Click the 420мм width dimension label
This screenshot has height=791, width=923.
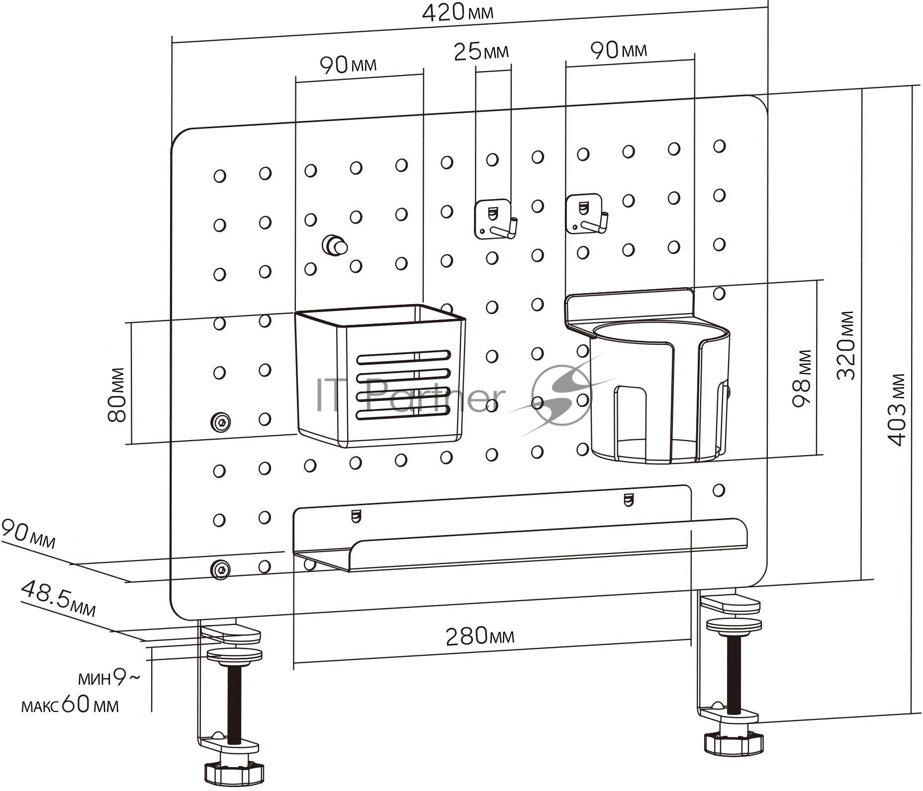click(x=458, y=12)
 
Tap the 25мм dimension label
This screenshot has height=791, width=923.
click(x=481, y=52)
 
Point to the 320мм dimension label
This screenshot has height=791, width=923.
click(x=845, y=345)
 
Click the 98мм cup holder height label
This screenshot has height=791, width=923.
click(x=801, y=379)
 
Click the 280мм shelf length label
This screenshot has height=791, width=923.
click(x=480, y=636)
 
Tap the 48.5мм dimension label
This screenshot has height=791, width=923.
click(x=58, y=599)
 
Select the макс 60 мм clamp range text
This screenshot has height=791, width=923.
click(x=70, y=706)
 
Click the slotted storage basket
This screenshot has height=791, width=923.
click(x=380, y=376)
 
